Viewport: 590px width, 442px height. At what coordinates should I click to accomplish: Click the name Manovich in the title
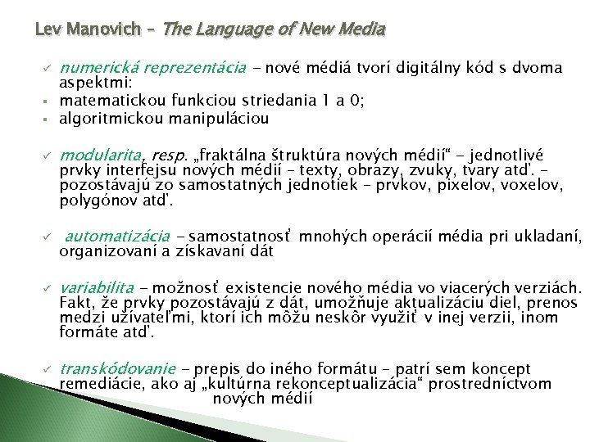point(111,30)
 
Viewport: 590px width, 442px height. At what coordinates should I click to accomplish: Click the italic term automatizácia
point(117,237)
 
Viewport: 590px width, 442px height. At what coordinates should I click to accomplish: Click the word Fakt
point(75,304)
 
